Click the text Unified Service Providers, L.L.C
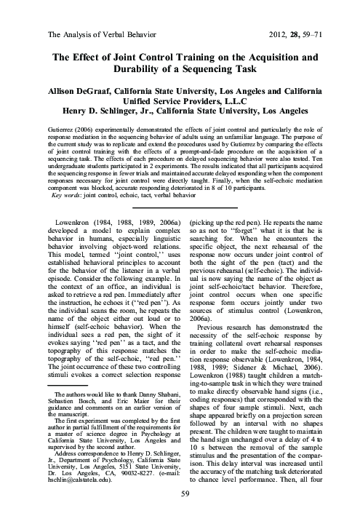point(180,104)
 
